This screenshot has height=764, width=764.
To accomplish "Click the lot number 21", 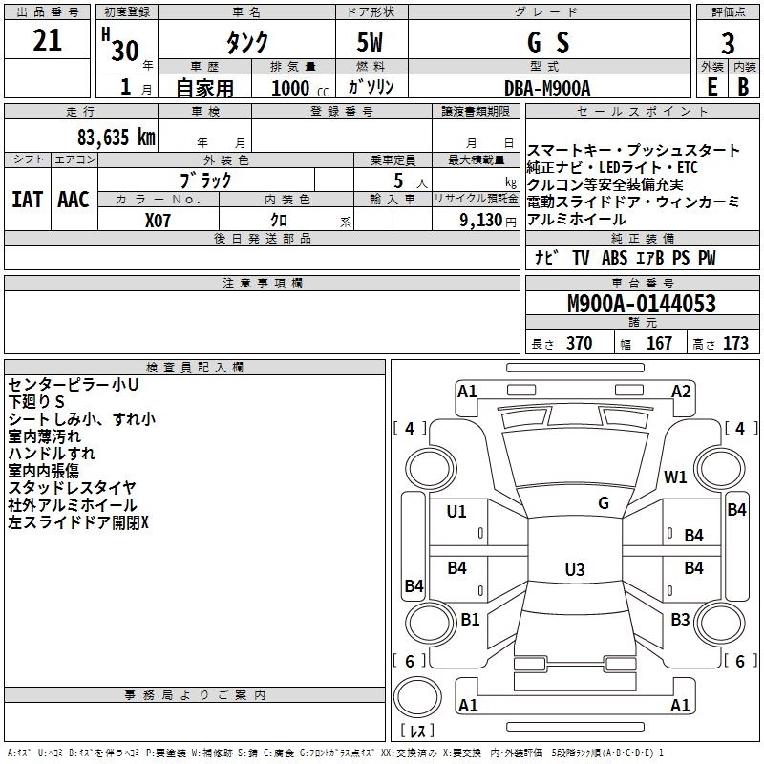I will point(48,40).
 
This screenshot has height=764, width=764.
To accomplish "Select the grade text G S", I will point(547,42).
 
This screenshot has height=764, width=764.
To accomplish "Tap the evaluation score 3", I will point(728,44).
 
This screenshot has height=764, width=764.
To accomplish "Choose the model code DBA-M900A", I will point(547,87).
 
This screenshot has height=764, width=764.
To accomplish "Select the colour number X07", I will point(159,219).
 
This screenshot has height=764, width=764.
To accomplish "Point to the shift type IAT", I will point(28,199).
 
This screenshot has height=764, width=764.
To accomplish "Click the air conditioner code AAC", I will point(74,199).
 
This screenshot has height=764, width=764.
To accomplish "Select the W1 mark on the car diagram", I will point(676,477).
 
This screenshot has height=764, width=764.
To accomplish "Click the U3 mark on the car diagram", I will point(574,569).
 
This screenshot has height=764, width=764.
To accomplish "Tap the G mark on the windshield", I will point(603,503).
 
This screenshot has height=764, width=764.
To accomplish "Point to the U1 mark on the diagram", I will point(456,512).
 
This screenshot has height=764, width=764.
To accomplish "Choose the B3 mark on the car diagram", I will point(680,620).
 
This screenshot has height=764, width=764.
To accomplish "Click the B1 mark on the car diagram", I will point(470,620).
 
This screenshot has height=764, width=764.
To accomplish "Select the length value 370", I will point(579,344).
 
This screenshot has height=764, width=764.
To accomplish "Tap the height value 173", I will point(735,344).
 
